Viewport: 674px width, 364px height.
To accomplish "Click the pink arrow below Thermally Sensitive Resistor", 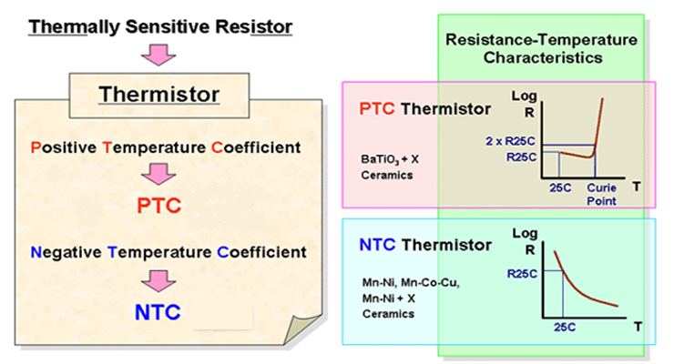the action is point(158,55).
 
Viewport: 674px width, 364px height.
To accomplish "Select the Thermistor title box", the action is point(159,96).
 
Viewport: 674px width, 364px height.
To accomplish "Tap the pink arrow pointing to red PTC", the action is point(158,174).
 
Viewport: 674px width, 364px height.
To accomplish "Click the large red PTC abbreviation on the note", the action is point(159,206).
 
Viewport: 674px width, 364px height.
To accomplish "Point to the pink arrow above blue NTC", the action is point(158,281).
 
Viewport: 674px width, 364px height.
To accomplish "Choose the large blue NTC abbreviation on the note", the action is point(158,312).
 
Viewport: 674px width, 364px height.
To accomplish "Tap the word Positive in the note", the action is point(64,147).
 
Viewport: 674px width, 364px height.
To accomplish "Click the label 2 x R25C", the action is point(511,141).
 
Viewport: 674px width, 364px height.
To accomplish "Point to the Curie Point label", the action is point(601,195).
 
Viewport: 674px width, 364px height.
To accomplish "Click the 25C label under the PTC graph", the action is point(560,188).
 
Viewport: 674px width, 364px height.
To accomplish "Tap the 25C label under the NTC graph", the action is point(565,328).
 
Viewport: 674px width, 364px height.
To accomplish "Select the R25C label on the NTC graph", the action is point(522,274).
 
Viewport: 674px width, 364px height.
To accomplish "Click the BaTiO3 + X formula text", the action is point(390,159).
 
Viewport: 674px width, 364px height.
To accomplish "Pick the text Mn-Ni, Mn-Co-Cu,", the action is point(411,283).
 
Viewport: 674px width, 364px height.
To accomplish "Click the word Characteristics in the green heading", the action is point(543,58).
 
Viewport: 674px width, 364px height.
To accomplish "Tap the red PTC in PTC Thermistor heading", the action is point(377,109).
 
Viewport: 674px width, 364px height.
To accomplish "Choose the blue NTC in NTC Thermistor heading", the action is point(377,245).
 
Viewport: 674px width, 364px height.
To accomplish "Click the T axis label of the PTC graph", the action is point(637,187).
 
